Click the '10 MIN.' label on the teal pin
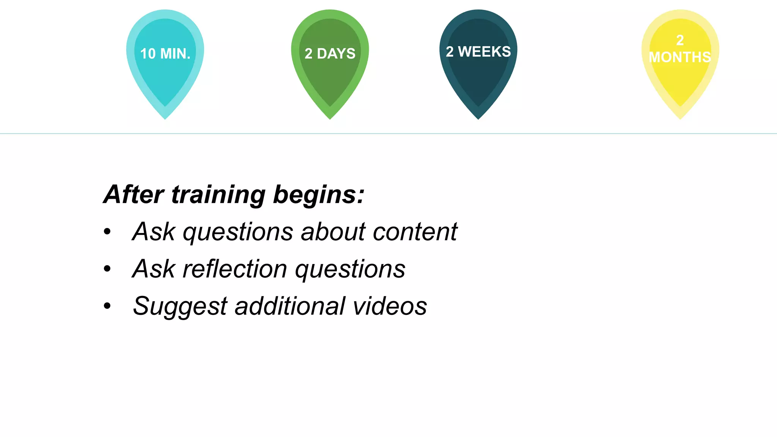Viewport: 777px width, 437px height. coord(165,54)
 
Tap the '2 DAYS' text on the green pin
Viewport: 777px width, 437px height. coord(330,54)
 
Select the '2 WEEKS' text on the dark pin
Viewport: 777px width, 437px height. coord(478,52)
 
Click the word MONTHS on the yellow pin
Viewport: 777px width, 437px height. coord(680,57)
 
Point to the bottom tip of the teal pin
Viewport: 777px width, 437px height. coord(165,118)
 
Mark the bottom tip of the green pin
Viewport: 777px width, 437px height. coord(330,118)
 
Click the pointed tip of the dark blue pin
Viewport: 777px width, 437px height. coord(478,118)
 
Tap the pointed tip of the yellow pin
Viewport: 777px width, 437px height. coord(680,118)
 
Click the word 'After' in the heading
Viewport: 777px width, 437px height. coord(134,195)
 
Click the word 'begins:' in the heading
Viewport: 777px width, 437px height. coord(319,195)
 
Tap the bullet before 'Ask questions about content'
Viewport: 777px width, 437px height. coord(107,231)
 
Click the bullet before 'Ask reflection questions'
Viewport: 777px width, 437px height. coord(107,269)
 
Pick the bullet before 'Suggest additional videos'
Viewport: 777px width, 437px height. coord(107,306)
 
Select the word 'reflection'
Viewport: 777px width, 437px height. coord(235,269)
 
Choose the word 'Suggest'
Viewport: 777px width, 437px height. coord(180,306)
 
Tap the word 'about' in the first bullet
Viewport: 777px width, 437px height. coord(333,231)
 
